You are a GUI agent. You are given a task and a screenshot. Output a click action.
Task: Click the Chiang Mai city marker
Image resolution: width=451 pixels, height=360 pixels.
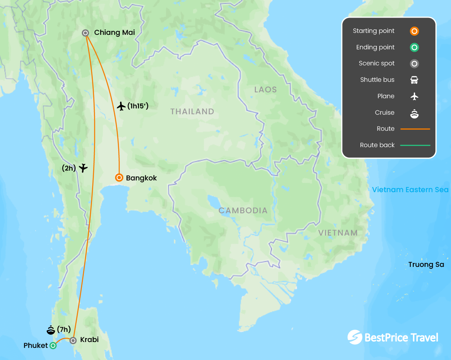[85, 33]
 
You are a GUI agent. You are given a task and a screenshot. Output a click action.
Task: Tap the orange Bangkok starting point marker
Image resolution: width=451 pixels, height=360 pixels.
[119, 178]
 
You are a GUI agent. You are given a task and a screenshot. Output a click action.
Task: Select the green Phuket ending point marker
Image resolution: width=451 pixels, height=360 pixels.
[53, 346]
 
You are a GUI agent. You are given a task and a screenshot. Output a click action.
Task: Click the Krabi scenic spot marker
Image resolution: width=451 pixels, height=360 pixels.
[73, 340]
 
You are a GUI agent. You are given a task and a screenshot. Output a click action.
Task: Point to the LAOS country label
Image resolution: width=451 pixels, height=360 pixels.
[265, 90]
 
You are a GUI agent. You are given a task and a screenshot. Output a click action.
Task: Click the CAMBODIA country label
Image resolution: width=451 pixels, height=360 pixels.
[243, 211]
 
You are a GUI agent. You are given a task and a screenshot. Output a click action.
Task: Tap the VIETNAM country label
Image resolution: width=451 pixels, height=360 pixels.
[338, 233]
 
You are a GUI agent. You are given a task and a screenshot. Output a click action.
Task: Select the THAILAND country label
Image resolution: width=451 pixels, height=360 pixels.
[192, 112]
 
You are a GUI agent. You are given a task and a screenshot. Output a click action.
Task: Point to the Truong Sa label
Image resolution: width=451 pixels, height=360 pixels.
[426, 265]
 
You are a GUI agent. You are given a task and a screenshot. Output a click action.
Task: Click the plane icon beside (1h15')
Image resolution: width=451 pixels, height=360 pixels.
[121, 106]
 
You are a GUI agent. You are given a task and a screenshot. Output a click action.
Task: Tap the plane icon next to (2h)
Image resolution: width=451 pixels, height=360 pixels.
[83, 168]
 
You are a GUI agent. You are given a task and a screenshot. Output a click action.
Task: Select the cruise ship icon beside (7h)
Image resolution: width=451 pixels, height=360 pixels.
[51, 330]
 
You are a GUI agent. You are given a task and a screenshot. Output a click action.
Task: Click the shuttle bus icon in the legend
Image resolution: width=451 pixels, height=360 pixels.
[414, 80]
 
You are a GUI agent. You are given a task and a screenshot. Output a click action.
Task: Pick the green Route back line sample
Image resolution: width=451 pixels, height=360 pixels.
[415, 145]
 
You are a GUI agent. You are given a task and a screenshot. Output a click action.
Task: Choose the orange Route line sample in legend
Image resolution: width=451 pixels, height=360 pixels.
[415, 129]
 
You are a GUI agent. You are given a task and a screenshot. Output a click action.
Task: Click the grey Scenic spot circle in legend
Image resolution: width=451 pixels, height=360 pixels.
[414, 63]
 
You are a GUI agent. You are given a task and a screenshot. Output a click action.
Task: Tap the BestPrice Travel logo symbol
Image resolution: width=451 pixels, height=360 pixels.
[355, 337]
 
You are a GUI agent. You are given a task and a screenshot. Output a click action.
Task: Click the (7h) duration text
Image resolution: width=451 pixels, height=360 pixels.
[64, 330]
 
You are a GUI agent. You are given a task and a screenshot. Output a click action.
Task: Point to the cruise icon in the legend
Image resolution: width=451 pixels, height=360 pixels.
[414, 113]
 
